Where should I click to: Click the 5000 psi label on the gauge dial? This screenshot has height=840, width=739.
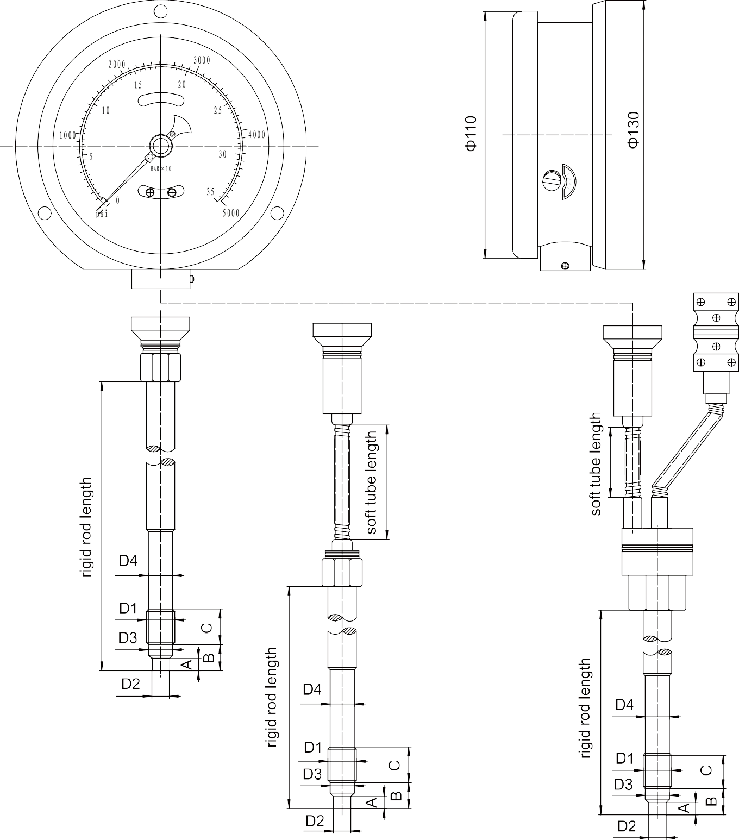click(231, 213)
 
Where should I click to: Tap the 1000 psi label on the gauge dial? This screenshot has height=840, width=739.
click(68, 136)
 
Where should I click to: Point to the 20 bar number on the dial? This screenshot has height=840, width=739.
click(182, 85)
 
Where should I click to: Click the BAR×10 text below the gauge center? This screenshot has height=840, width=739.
click(161, 169)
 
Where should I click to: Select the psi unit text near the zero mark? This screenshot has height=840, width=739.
click(102, 214)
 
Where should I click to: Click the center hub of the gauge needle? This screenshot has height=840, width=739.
click(161, 146)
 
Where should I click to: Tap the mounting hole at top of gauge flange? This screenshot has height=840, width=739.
click(161, 11)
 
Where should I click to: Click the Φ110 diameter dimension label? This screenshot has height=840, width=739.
click(471, 134)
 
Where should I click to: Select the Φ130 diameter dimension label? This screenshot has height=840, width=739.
click(633, 130)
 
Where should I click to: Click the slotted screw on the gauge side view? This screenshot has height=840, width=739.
click(552, 181)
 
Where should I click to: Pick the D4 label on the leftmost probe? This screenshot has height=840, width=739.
click(128, 561)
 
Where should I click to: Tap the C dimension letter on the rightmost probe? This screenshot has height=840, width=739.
click(706, 770)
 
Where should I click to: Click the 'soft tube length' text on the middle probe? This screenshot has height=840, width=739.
click(372, 482)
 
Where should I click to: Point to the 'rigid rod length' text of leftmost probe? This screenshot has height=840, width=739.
click(86, 528)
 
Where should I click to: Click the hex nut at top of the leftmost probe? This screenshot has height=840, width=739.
click(160, 367)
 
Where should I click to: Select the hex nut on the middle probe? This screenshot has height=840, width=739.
click(342, 572)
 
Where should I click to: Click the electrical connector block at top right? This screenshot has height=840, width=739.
click(716, 332)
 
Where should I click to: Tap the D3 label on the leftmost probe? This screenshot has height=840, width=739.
click(128, 638)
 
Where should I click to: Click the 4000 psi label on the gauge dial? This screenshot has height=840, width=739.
click(256, 134)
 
